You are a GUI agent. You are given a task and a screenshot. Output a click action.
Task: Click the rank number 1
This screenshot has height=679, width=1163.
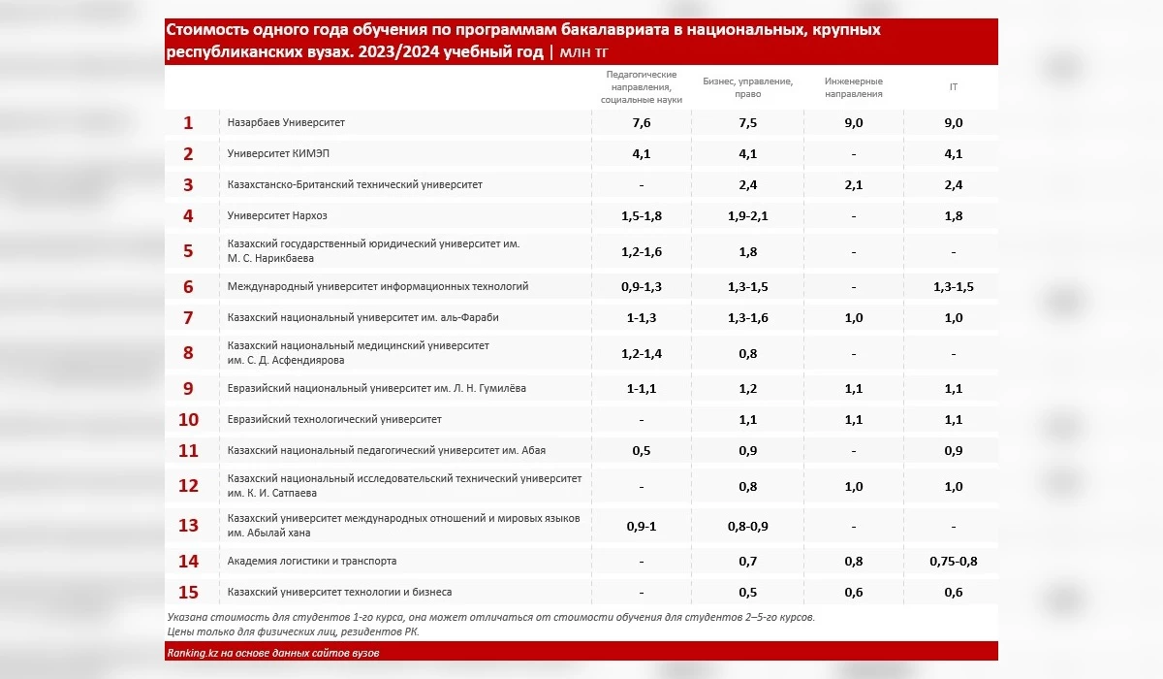pos(188,123)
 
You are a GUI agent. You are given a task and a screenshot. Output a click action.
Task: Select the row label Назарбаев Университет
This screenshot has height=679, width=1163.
pos(286,123)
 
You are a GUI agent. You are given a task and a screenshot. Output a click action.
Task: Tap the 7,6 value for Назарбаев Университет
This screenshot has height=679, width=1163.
pos(641,123)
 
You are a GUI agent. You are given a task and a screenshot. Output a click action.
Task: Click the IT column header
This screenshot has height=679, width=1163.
pos(954,87)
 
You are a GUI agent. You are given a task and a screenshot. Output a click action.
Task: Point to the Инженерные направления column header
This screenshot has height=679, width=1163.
pos(854,87)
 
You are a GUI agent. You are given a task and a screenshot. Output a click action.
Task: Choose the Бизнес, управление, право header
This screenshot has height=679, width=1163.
pos(747,87)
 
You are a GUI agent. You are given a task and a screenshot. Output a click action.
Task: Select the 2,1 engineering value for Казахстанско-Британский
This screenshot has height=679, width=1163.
pos(854,184)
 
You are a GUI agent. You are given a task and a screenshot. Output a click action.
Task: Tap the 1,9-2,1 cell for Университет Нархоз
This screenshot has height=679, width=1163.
pos(747,215)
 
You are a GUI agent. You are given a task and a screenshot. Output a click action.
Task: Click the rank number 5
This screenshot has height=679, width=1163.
pos(188,251)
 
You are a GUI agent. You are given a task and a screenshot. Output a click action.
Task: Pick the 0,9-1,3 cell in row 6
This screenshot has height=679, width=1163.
pos(641,286)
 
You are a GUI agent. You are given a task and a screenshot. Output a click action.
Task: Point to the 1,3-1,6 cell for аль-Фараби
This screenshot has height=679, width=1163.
pos(747,317)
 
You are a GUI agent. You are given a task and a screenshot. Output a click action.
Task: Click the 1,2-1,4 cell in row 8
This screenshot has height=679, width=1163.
pos(641,353)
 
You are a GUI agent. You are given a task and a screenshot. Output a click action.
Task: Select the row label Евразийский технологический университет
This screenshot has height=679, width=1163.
pos(334,419)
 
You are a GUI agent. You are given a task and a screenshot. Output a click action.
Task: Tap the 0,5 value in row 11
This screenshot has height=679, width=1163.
pos(641,450)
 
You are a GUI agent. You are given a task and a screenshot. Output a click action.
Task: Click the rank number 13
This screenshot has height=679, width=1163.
pos(188,526)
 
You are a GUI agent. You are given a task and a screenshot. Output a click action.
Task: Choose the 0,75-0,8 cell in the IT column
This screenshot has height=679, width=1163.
pos(954,561)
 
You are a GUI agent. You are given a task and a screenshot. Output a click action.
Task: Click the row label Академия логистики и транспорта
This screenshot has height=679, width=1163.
pos(311,561)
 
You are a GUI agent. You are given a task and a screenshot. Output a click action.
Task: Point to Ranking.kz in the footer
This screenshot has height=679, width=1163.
pos(188,653)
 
